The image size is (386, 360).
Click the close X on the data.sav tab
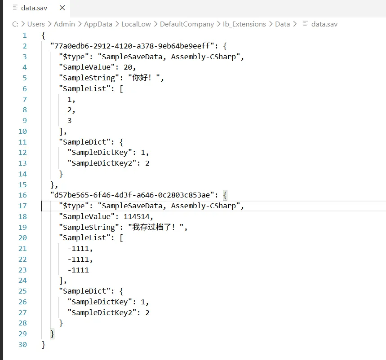coord(62,8)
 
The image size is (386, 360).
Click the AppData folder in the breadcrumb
coord(98,24)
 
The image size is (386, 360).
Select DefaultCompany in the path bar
coord(187,24)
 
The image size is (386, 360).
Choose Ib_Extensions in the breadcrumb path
coord(244,24)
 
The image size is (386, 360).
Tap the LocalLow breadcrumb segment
coord(136,24)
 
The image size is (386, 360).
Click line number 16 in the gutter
coord(22,195)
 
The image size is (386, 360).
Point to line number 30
coord(22,344)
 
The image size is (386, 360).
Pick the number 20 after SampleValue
coord(128,67)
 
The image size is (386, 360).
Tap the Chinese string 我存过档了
coord(151,227)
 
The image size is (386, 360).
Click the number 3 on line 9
coord(70,120)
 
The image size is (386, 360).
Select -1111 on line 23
coord(78,270)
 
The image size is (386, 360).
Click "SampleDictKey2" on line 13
coord(102,163)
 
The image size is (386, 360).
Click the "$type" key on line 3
coord(74,57)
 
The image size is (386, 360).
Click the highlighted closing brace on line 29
coord(52,334)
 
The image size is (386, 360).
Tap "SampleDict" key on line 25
coord(84,291)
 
